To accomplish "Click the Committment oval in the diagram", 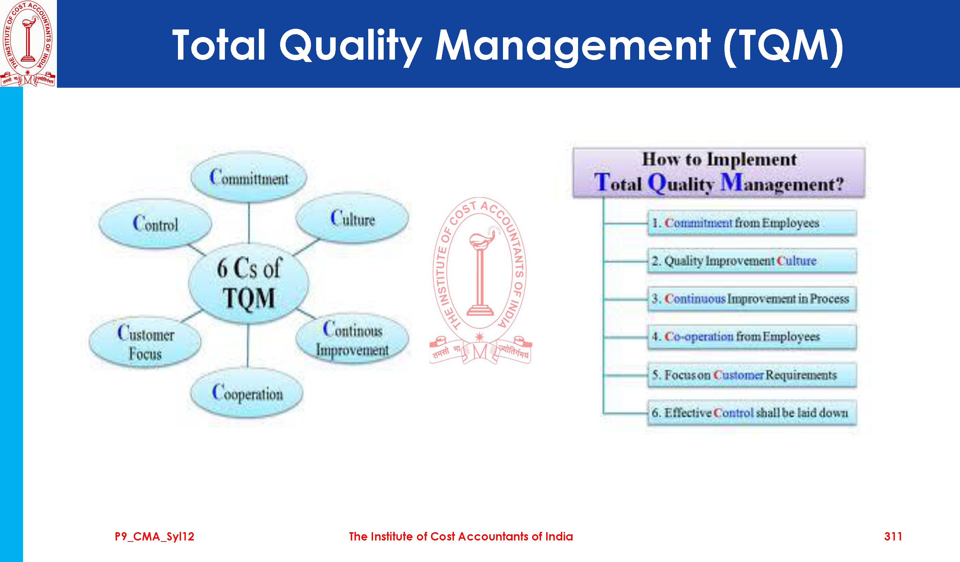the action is point(249,177).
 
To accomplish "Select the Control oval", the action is point(155,223).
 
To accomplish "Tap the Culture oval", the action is point(352,218).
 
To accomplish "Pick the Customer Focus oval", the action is point(145,342).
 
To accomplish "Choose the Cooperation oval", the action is point(247,393).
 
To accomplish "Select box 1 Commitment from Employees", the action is point(752,223).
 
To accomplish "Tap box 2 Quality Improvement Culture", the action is point(752,261).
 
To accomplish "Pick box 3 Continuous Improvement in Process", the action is point(752,299).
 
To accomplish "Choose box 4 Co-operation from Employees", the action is point(752,337).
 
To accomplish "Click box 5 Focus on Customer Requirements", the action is point(752,375).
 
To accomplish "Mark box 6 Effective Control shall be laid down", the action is point(752,412).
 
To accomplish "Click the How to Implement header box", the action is point(719,172).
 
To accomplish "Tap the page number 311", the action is point(893,537).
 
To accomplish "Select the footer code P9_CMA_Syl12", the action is point(154,537).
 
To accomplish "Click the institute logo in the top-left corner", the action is point(28,44).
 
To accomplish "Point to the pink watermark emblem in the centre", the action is point(480,281).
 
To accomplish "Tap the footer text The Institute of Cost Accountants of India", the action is point(461,537).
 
